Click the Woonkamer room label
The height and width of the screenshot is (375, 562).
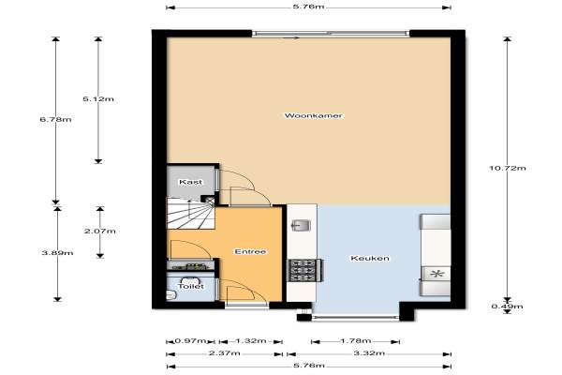313,115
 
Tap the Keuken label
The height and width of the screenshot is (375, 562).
370,258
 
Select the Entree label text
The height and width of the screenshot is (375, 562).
250,251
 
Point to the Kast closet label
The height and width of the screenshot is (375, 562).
191,182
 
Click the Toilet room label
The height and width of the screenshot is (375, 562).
191,286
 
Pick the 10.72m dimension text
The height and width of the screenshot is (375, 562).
508,168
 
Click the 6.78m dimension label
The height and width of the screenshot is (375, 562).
55,119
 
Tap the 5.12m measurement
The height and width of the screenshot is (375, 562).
98,99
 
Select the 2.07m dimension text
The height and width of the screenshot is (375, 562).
100,232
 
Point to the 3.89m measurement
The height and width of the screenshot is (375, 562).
57,253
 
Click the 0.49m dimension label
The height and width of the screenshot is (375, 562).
507,307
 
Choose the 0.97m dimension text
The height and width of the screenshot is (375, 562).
190,340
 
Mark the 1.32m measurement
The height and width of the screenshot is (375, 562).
250,340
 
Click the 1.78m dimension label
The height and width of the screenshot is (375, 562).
355,340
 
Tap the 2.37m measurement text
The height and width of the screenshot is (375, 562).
225,353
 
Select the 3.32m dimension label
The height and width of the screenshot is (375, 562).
369,353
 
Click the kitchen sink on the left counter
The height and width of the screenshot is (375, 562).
301,225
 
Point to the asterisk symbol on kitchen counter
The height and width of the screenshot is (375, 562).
437,274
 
